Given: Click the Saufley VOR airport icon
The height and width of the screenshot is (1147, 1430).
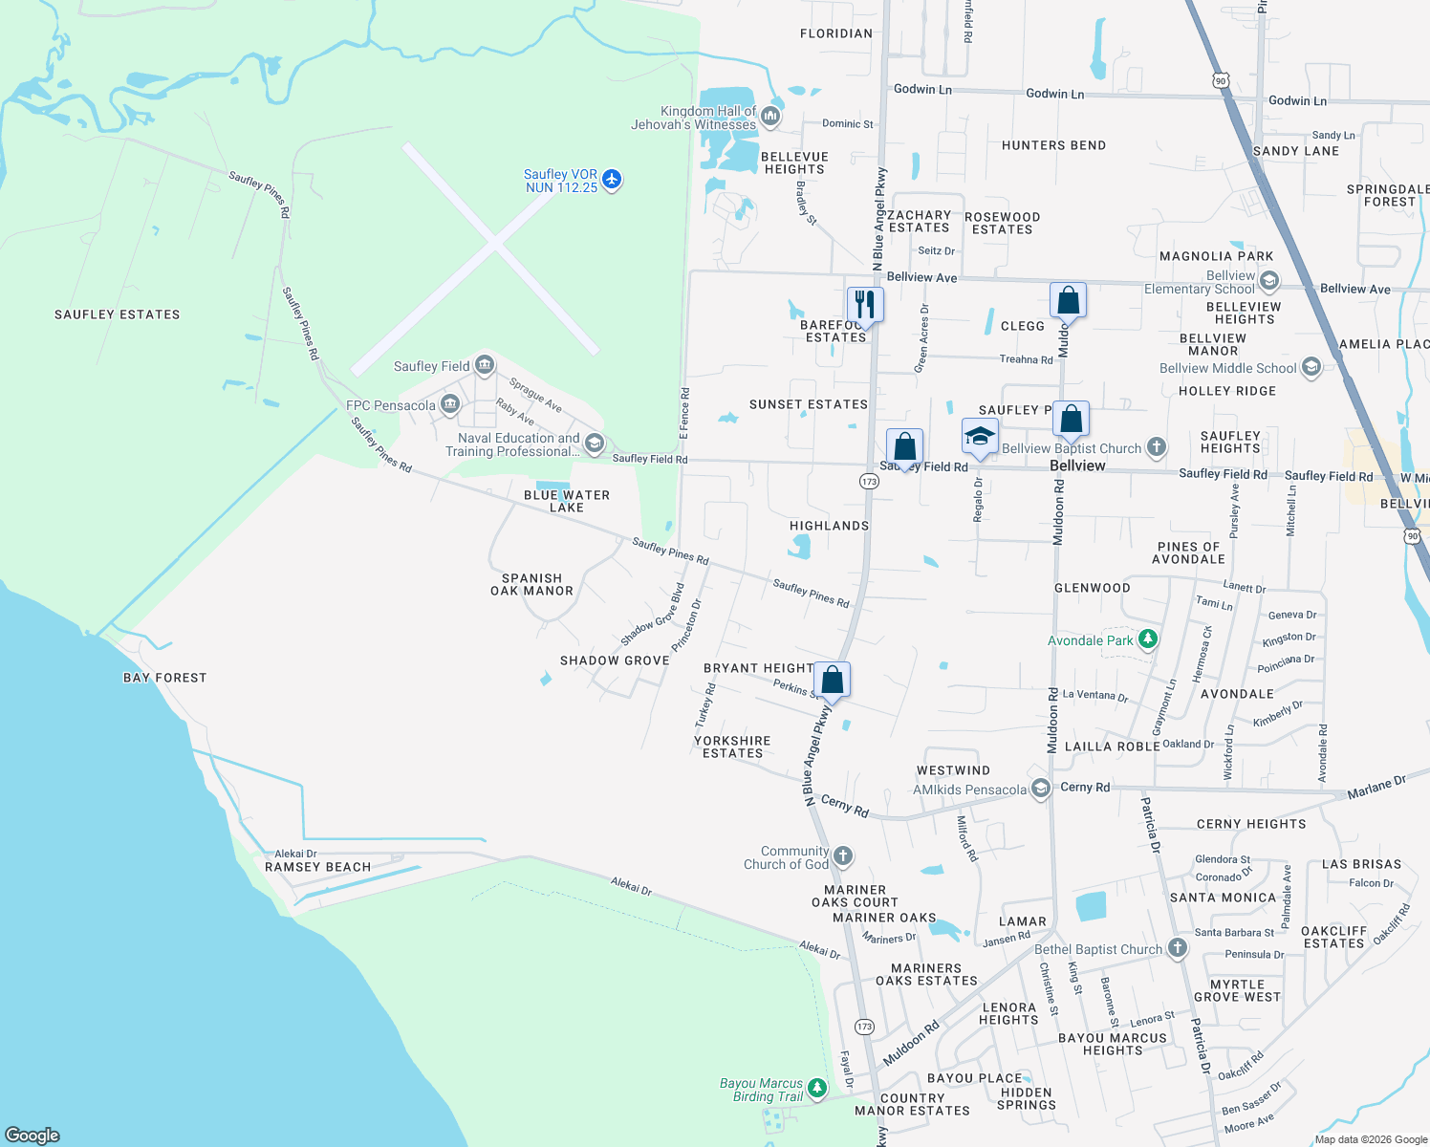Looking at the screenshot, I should [x=612, y=180].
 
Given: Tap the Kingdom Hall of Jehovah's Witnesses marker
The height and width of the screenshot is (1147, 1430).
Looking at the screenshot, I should [x=770, y=118].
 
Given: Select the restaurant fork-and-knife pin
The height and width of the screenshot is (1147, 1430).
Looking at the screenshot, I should [x=865, y=305].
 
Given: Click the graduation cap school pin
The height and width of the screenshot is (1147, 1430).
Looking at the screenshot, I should [x=980, y=437].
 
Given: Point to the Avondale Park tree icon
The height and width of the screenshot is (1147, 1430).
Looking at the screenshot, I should [x=1148, y=639].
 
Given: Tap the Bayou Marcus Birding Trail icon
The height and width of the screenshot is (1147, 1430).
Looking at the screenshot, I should [x=816, y=1088].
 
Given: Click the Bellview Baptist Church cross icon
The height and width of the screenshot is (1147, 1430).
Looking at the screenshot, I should [x=1157, y=446].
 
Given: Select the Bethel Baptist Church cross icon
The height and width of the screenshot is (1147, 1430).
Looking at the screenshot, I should [x=1177, y=948].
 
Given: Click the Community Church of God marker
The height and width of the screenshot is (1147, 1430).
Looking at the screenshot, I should [x=842, y=856].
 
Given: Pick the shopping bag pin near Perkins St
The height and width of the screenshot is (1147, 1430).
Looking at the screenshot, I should [x=833, y=681].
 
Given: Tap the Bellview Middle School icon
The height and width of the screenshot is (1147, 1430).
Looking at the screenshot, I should [x=1311, y=367].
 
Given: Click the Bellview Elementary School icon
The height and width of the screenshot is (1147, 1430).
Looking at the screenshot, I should [x=1269, y=281].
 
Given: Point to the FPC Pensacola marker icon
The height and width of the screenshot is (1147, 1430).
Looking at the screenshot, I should [x=450, y=405].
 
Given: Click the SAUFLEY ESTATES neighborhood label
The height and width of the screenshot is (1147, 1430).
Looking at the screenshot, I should [x=117, y=314].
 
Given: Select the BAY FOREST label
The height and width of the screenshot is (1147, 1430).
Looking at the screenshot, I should [x=164, y=678].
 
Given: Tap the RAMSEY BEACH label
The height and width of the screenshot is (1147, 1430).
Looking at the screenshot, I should [x=317, y=867].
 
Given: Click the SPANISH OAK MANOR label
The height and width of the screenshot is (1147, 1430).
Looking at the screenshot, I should [x=531, y=584].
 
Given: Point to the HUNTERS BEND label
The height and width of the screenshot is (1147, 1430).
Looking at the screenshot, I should [x=1053, y=145].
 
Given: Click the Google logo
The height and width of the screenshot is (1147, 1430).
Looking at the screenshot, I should [x=32, y=1136].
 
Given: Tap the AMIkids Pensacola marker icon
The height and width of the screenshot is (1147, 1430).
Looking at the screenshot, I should [x=1040, y=790].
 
